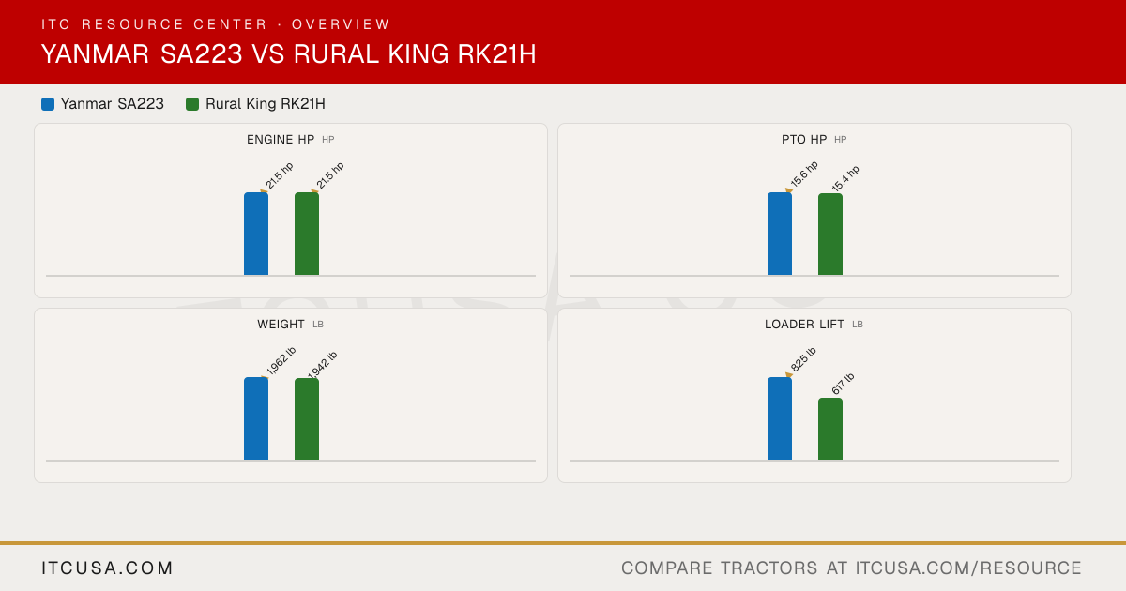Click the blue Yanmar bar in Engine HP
[x=256, y=234]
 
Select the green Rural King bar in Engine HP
[x=307, y=234]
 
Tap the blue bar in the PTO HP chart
[x=780, y=234]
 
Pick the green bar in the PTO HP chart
[x=830, y=235]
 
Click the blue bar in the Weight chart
[x=256, y=418]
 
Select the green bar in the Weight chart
[x=307, y=419]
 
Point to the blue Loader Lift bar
[x=780, y=418]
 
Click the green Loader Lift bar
[x=830, y=429]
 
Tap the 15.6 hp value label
[x=804, y=174]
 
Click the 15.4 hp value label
[x=845, y=178]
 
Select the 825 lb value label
[x=803, y=360]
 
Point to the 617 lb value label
[x=843, y=384]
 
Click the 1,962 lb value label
[x=281, y=361]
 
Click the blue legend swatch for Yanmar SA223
[x=48, y=104]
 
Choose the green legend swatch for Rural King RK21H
[x=192, y=104]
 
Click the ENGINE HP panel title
[x=281, y=140]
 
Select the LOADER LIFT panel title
[x=804, y=325]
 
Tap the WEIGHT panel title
[x=281, y=325]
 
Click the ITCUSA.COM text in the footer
[x=107, y=568]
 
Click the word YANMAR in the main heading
[x=95, y=53]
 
